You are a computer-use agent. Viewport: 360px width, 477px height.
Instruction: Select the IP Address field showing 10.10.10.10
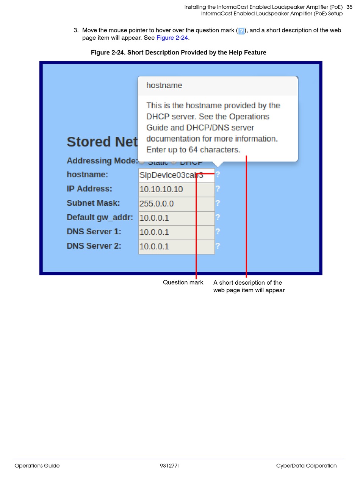[176, 189]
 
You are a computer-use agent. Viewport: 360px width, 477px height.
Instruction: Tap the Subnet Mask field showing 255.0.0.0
[176, 204]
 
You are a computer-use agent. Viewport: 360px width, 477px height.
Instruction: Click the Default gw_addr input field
[176, 218]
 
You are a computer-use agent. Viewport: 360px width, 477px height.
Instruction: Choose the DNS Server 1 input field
[176, 232]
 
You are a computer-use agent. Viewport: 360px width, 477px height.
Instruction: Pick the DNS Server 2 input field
[176, 246]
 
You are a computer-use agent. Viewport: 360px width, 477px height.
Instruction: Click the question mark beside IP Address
[218, 189]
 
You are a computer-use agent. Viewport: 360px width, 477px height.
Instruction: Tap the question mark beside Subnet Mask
[218, 203]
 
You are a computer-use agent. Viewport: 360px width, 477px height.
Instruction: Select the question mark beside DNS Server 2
[218, 246]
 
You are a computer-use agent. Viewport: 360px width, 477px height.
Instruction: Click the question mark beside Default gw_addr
[218, 217]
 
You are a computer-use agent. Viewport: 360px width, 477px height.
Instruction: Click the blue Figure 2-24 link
[172, 38]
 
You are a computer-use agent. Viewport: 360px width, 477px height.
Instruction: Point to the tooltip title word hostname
[164, 86]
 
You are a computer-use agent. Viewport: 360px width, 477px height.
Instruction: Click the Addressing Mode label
[102, 161]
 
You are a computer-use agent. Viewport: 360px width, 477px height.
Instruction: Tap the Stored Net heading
[102, 142]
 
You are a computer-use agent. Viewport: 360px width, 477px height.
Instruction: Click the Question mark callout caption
[183, 282]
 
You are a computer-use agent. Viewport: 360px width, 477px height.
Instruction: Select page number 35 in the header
[349, 7]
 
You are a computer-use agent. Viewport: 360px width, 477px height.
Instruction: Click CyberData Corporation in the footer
[306, 466]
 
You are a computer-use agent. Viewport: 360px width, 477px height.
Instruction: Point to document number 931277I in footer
[169, 466]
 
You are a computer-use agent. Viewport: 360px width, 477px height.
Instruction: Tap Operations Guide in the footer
[37, 466]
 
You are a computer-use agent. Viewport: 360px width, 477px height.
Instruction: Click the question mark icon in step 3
[241, 31]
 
